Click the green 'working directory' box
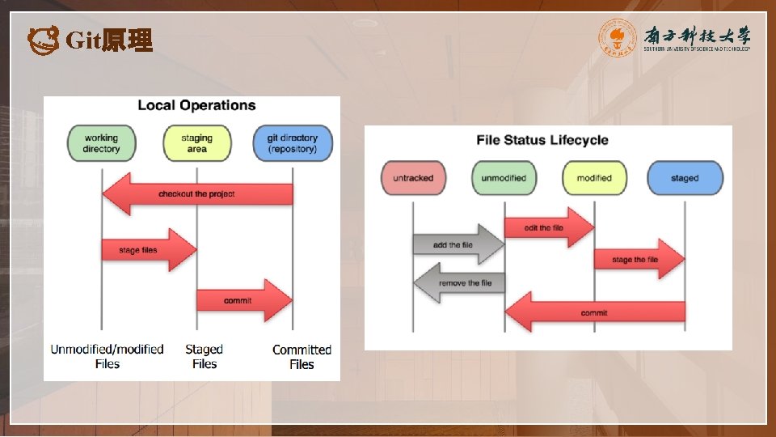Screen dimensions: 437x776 pos(101,144)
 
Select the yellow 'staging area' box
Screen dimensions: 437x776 pos(196,144)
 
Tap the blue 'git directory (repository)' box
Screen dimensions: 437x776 pos(292,144)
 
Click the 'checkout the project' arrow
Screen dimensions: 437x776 pos(197,194)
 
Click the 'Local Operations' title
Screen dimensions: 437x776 pos(196,105)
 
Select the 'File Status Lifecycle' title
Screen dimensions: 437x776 pos(542,140)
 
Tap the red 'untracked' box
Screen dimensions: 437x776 pos(413,178)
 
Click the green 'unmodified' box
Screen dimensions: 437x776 pos(504,178)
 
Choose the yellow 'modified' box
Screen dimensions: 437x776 pos(594,178)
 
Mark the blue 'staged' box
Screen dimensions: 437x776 pos(685,178)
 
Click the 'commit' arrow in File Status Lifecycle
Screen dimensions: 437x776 pos(595,312)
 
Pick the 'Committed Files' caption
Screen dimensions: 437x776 pos(302,357)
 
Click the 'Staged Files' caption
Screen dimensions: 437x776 pos(204,357)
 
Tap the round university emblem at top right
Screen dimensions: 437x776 pos(618,38)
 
